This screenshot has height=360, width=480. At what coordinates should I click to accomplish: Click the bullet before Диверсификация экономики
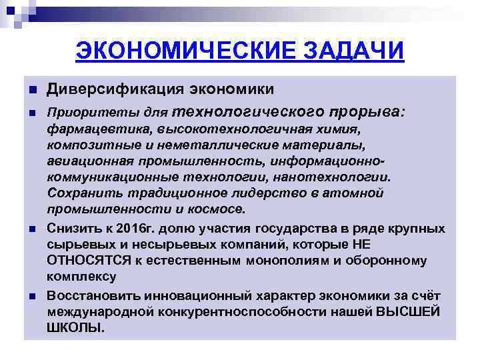[x=31, y=90]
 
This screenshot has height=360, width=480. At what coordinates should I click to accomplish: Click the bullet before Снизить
[x=31, y=229]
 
